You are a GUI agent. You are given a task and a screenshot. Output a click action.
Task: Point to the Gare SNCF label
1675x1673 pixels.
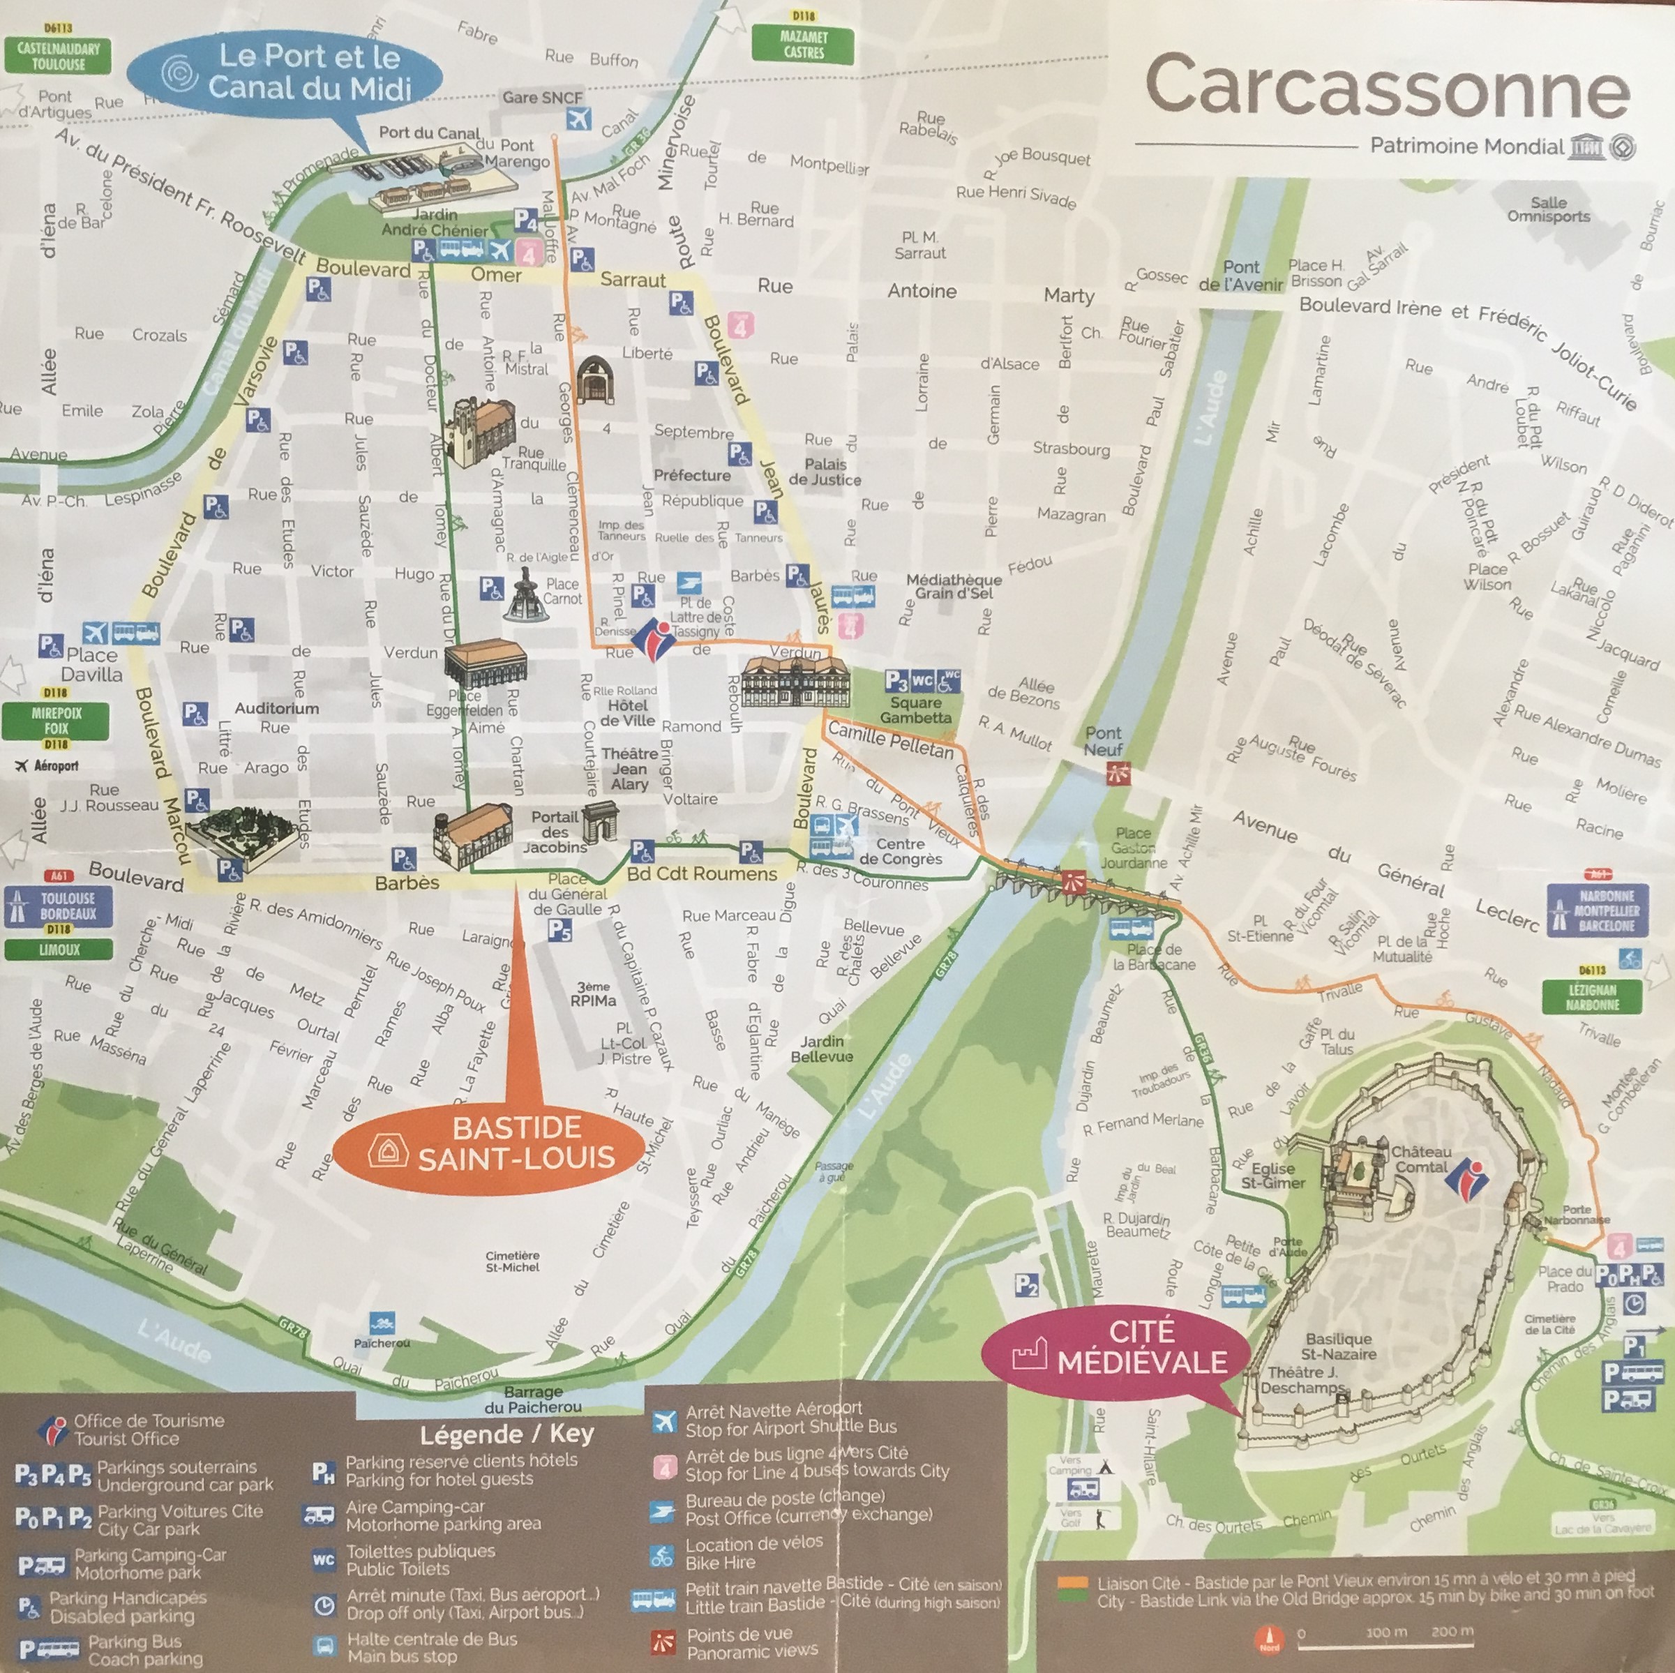(542, 98)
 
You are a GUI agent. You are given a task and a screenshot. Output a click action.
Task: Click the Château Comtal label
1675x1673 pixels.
(1421, 1159)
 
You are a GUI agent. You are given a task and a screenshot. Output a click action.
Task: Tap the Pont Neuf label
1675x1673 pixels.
(1103, 741)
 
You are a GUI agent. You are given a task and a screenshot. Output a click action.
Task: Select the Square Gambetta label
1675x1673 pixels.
(915, 710)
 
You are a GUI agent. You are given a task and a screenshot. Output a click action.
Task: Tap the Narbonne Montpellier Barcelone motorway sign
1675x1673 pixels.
(1606, 910)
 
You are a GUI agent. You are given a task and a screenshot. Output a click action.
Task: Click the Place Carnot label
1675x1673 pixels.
(562, 591)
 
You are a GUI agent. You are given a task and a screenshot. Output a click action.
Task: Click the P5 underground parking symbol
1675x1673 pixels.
(559, 930)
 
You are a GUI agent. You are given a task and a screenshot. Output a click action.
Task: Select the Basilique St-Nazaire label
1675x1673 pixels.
(1339, 1346)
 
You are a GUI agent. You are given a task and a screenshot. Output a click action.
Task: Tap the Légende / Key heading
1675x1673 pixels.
(507, 1434)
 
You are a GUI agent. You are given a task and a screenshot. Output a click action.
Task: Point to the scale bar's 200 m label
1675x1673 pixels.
(1452, 1631)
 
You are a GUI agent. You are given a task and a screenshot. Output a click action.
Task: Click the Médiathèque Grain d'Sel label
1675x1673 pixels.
(954, 586)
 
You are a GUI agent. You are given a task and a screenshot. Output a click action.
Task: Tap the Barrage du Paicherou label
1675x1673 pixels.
(533, 1399)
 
